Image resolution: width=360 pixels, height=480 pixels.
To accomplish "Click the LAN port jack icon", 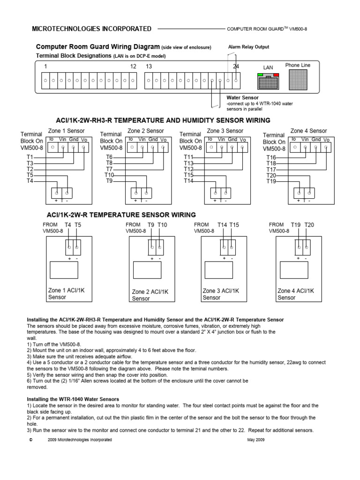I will tap(268, 82).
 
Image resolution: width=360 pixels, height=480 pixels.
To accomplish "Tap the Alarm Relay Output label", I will tap(248, 47).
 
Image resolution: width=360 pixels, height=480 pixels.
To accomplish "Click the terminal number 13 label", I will tap(149, 67).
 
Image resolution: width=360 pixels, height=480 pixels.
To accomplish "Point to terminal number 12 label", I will tap(133, 67).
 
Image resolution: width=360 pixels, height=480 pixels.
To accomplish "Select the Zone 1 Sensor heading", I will tap(66, 131).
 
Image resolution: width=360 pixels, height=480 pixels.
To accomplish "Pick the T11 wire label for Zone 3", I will tap(188, 157).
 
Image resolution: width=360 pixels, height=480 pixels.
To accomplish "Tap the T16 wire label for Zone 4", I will tap(271, 157).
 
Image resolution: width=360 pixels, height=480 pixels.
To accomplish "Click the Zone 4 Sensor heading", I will tap(308, 131).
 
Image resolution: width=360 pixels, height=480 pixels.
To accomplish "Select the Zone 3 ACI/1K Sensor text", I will tap(222, 294).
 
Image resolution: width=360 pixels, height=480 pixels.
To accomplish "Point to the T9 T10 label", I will tap(157, 225).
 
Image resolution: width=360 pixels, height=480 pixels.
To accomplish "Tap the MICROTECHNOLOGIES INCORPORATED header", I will tap(91, 29).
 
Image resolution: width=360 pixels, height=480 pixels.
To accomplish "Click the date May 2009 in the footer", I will tap(255, 440).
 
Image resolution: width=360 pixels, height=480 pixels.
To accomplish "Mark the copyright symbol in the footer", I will tap(30, 440).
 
